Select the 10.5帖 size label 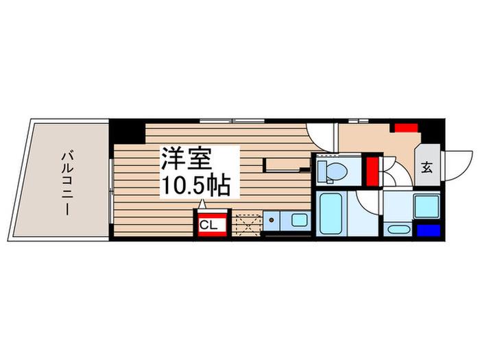tap(196, 186)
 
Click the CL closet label tap(208, 226)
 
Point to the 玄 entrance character tap(427, 167)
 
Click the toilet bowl tap(336, 171)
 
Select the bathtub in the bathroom tap(331, 214)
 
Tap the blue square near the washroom tap(429, 230)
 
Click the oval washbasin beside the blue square tap(397, 229)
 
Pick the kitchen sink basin tap(299, 220)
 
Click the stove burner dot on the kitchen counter tap(272, 220)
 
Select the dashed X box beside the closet tap(248, 225)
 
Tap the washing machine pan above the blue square tap(427, 206)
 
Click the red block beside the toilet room tap(372, 171)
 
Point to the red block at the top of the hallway tap(406, 128)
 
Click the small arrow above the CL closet tap(202, 204)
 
